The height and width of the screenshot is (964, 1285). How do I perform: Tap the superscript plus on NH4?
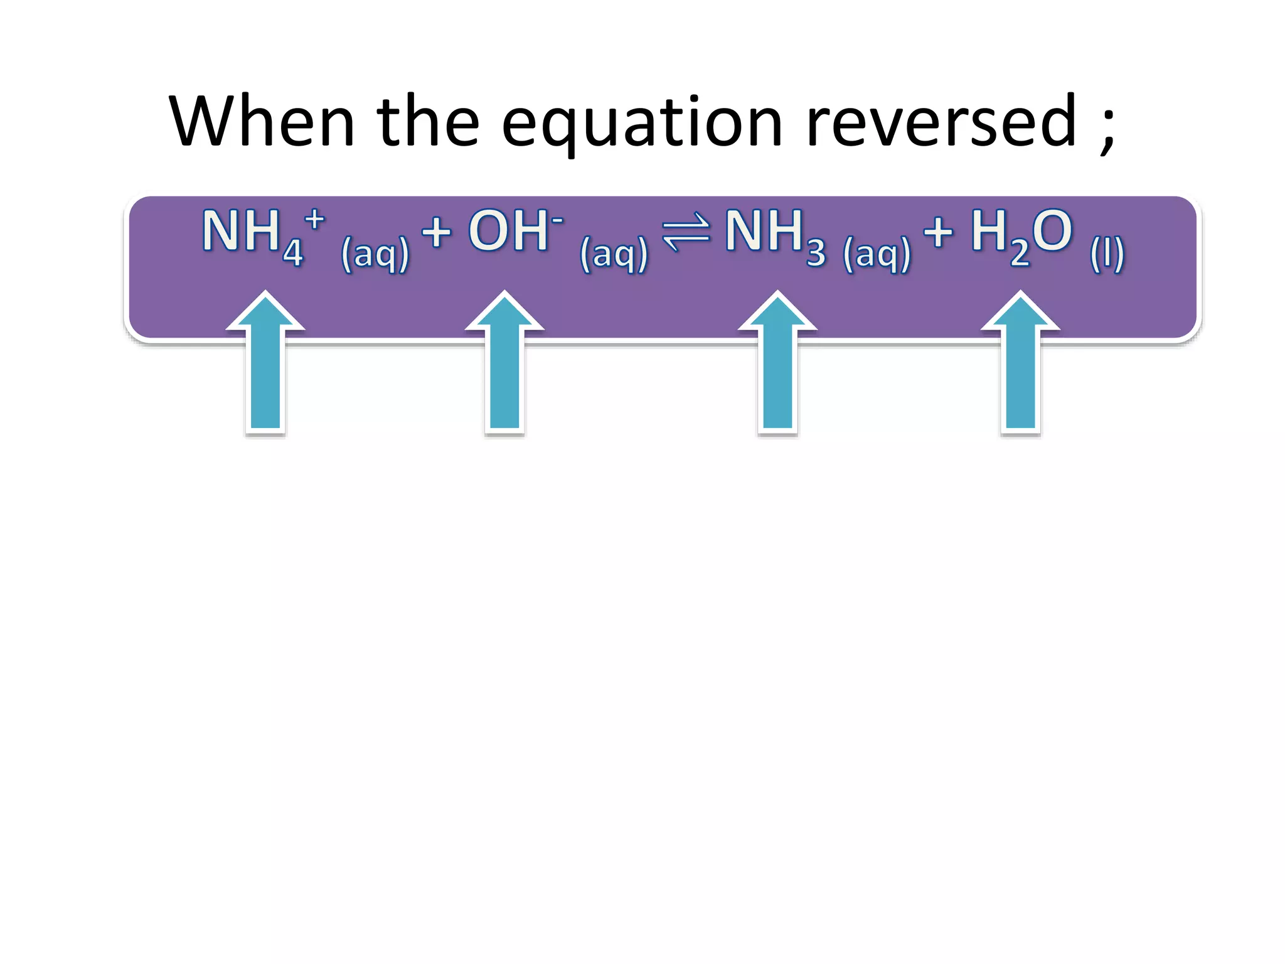(x=314, y=220)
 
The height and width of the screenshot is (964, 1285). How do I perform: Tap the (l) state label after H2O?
(x=1107, y=254)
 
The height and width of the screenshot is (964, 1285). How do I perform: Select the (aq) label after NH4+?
(x=375, y=254)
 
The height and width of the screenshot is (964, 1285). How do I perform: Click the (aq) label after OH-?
(x=614, y=254)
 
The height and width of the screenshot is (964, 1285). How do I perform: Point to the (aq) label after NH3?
(x=877, y=254)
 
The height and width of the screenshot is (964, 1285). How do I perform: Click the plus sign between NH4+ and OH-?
(x=436, y=232)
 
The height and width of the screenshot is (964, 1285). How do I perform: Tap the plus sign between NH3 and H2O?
(x=938, y=231)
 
